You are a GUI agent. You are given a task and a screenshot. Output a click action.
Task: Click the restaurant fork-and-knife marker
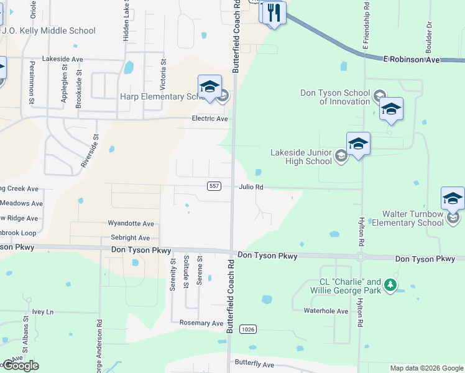click(x=274, y=13)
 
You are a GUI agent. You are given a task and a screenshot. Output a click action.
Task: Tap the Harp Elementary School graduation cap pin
click(x=209, y=86)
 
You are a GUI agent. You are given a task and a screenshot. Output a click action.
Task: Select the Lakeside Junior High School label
click(x=302, y=157)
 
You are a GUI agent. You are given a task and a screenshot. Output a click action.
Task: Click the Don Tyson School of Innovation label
click(x=335, y=97)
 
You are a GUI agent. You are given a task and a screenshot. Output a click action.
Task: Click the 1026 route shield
click(x=248, y=329)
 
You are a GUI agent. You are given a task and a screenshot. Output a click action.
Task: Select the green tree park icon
click(x=390, y=285)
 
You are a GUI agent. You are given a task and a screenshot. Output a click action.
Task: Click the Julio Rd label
click(x=251, y=186)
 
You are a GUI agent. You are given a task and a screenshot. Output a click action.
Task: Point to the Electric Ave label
click(x=209, y=119)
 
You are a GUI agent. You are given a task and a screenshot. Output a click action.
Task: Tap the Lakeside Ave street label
click(x=62, y=59)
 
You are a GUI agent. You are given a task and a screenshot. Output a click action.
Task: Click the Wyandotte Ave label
click(x=131, y=223)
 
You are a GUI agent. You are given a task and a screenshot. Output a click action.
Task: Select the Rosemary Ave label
click(x=201, y=323)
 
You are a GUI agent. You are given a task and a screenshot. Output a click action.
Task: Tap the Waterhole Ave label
click(x=326, y=310)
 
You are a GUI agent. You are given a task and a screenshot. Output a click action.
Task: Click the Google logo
click(x=20, y=366)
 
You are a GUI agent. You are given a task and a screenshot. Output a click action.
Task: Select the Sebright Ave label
click(x=130, y=238)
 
